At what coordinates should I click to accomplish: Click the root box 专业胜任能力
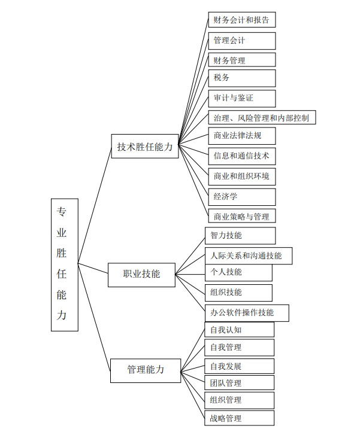[65, 264]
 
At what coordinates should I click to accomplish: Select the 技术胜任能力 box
[145, 146]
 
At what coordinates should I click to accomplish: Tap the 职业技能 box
[142, 274]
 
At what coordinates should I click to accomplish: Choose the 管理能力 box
[146, 370]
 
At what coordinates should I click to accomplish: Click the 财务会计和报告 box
[242, 20]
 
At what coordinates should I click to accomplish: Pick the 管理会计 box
[242, 41]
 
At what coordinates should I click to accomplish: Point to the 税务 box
[242, 78]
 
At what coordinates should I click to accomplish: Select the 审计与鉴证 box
[242, 98]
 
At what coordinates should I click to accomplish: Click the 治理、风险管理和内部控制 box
[262, 117]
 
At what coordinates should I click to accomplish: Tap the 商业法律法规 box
[242, 136]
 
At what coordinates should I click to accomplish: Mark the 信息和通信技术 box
[242, 156]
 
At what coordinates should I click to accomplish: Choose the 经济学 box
[242, 196]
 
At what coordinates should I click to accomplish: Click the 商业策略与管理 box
[242, 216]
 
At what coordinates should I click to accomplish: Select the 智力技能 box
[240, 236]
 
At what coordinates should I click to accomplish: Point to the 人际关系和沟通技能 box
[248, 255]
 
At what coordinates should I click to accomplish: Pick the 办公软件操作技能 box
[247, 312]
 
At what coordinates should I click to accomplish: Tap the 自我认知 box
[240, 330]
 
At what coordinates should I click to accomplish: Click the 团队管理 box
[240, 383]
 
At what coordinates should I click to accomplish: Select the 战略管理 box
[240, 418]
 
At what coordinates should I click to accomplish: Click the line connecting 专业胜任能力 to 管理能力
[94, 317]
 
